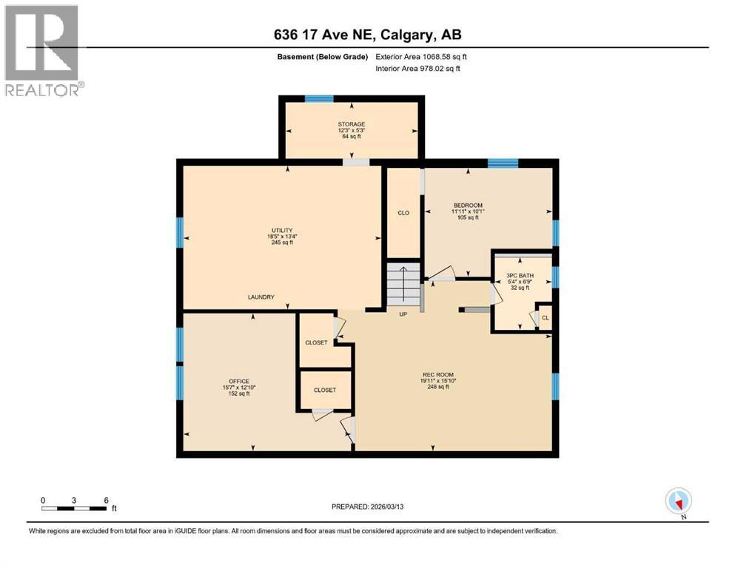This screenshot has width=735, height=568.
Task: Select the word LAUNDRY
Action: [261, 297]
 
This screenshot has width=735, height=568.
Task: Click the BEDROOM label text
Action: [467, 205]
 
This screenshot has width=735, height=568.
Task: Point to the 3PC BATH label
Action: [520, 275]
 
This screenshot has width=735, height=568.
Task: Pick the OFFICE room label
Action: [238, 381]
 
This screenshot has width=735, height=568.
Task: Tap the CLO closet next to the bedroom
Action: [403, 213]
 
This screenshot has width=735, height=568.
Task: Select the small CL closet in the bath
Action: [545, 318]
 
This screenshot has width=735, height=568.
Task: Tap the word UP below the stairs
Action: [403, 314]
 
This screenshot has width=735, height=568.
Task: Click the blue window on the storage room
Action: [319, 98]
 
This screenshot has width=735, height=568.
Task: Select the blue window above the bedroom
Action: [503, 162]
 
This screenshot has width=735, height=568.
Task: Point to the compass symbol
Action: [678, 501]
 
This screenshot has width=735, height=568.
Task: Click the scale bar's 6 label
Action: [107, 500]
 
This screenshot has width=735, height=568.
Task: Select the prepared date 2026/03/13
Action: [368, 507]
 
